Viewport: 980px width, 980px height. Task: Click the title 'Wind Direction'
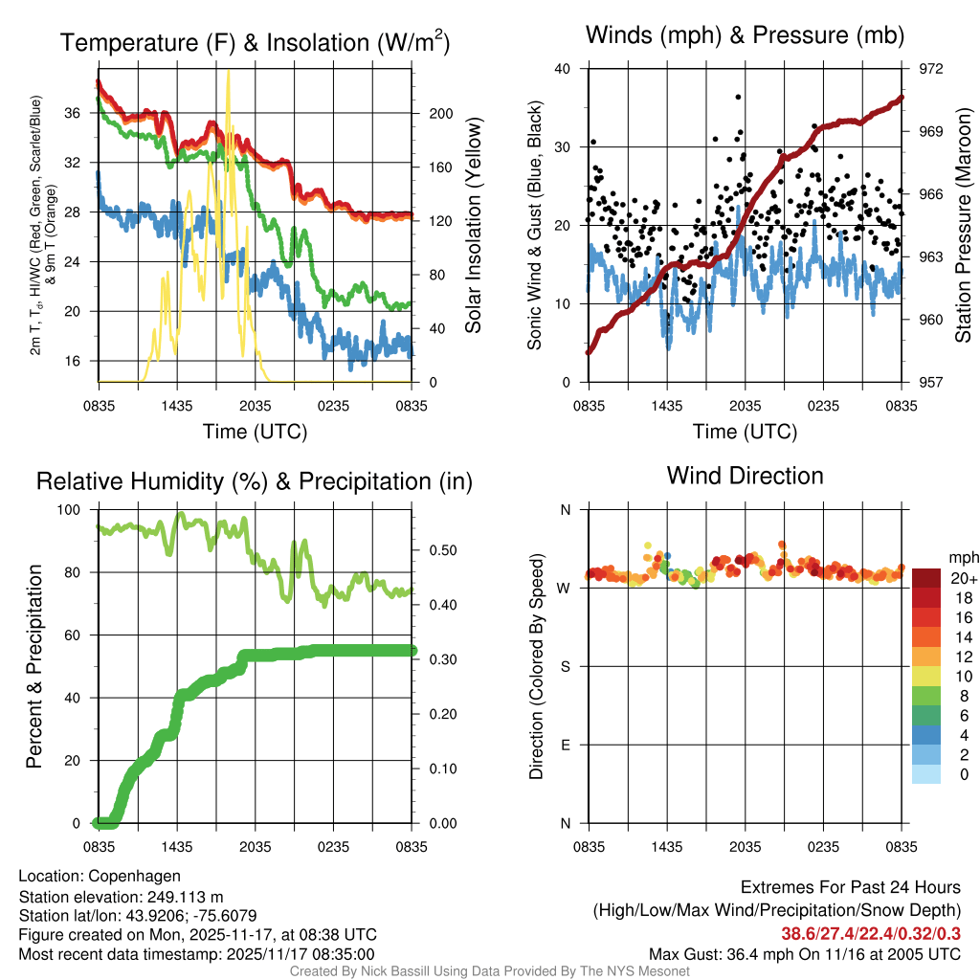pyautogui.click(x=745, y=476)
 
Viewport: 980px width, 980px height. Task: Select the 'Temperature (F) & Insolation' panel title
pyautogui.click(x=255, y=42)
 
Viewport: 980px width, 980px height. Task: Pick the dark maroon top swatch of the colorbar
pyautogui.click(x=926, y=578)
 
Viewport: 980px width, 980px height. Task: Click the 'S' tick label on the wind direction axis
pyautogui.click(x=565, y=666)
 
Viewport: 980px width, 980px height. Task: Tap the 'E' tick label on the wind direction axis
pyautogui.click(x=565, y=745)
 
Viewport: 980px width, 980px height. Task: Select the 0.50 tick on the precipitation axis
pyautogui.click(x=441, y=550)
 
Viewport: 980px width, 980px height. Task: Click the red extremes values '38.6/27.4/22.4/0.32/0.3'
pyautogui.click(x=871, y=934)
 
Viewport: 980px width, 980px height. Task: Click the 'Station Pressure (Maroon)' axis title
pyautogui.click(x=963, y=225)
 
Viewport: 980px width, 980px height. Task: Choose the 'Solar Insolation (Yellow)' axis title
pyautogui.click(x=473, y=225)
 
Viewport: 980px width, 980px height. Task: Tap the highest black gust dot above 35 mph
pyautogui.click(x=738, y=97)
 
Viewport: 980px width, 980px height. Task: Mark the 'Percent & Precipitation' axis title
pyautogui.click(x=34, y=666)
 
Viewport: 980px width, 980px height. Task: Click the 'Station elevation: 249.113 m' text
pyautogui.click(x=121, y=897)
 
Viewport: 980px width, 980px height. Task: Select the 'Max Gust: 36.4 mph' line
pyautogui.click(x=804, y=954)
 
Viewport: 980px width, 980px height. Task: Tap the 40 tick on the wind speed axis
pyautogui.click(x=563, y=69)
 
